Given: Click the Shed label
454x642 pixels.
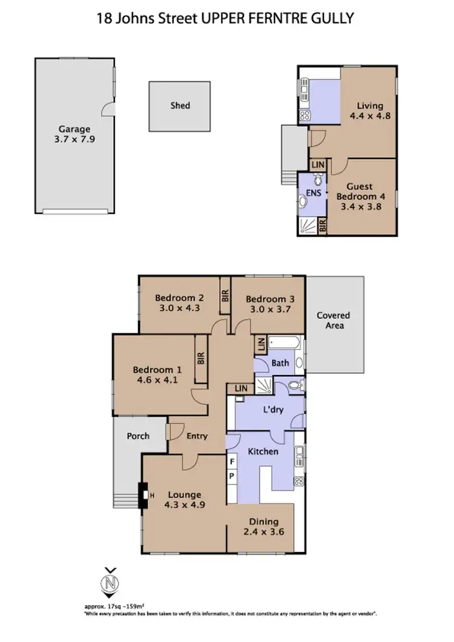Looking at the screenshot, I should click(x=180, y=105).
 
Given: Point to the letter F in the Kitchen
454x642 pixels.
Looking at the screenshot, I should click(x=232, y=462).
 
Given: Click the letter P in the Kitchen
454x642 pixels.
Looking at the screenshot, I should click(x=232, y=477).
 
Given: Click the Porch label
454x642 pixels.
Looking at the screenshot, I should click(x=138, y=436).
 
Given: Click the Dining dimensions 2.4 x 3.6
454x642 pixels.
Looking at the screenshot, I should click(x=263, y=532).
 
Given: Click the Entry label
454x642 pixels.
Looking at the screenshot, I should click(x=197, y=436).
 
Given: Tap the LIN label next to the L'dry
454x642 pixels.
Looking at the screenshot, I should click(x=240, y=388).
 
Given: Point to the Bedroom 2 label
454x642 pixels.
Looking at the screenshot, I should click(x=179, y=298).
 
